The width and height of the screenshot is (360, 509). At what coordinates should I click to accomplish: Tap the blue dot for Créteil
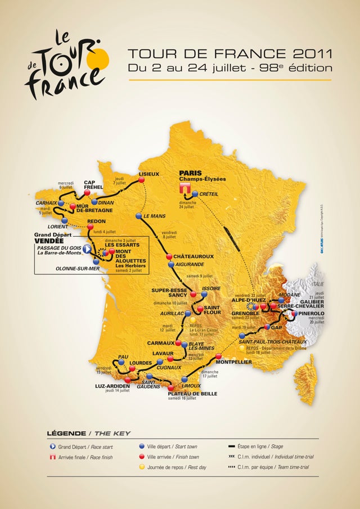click(195, 194)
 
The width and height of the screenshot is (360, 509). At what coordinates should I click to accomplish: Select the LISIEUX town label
click(149, 174)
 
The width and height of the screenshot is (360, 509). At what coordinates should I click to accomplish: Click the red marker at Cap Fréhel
click(87, 193)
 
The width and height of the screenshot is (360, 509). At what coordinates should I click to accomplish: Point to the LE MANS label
click(154, 216)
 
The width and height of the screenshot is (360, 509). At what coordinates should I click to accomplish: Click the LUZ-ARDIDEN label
click(112, 386)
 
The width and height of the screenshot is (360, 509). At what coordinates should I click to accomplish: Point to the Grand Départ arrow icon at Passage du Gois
click(87, 248)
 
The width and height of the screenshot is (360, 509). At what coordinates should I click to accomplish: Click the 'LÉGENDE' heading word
click(65, 433)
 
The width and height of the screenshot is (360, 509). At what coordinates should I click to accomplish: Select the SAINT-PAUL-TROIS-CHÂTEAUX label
click(273, 341)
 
